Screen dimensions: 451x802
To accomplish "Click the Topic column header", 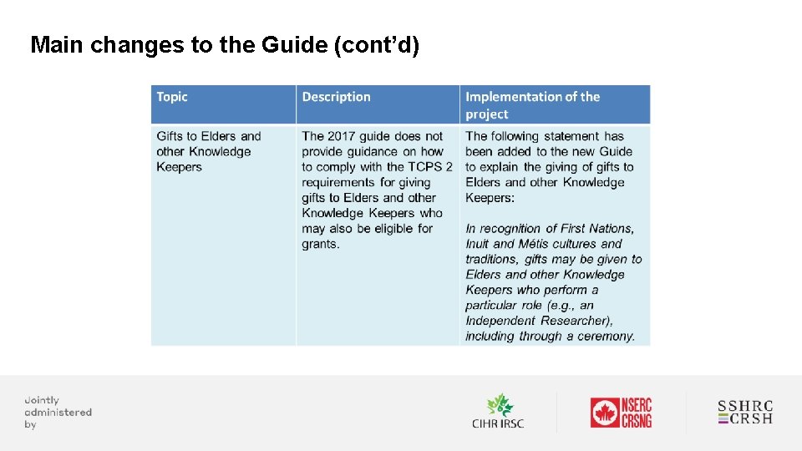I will click(172, 97).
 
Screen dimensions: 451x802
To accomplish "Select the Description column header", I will click(336, 97).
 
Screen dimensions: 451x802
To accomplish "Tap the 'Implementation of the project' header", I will click(532, 105).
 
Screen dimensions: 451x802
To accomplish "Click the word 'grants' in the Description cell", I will click(320, 244).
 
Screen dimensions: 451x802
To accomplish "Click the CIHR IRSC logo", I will click(498, 412).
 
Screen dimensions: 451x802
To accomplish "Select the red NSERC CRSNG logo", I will click(621, 413).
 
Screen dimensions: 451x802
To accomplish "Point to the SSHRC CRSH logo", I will click(745, 413).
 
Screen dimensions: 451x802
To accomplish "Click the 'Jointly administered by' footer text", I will click(58, 412).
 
